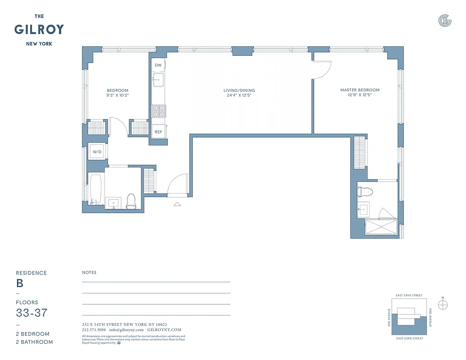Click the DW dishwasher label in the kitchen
[158, 65]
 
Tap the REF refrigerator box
[158, 132]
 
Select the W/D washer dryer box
[98, 152]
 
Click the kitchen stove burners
[158, 111]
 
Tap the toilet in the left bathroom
[131, 201]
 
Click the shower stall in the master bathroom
[381, 227]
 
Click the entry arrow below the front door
[177, 204]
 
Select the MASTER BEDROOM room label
[360, 90]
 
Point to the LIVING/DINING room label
[239, 90]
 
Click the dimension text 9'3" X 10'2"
[118, 95]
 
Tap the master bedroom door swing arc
[323, 70]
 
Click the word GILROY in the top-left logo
[39, 30]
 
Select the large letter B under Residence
[20, 283]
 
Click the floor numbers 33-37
[32, 313]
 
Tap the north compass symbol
[443, 305]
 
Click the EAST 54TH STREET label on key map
[409, 295]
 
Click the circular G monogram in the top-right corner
[445, 20]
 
